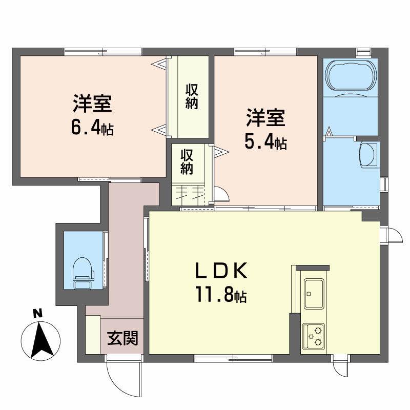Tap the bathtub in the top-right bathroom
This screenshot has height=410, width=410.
tap(351, 77)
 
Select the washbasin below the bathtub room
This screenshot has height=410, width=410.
tap(367, 154)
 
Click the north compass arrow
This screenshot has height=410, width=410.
tap(39, 338)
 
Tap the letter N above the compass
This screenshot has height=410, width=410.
tap(37, 314)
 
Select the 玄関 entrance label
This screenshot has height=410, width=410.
tap(122, 338)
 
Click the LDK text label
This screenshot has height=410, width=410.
tap(222, 271)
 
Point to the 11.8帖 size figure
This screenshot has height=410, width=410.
tap(220, 295)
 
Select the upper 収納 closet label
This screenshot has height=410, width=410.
tap(192, 96)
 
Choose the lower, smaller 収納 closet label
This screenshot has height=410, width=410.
tap(186, 161)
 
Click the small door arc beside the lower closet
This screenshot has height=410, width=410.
tap(222, 194)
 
